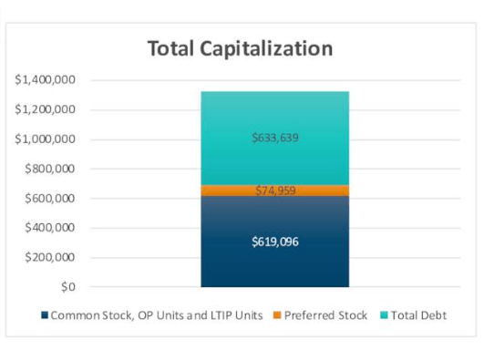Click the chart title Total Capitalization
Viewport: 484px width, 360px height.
242,48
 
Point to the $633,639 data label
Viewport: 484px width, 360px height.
274,139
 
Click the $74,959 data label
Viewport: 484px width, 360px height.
274,190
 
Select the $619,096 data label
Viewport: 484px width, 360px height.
274,242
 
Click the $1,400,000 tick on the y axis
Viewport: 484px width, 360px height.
46,80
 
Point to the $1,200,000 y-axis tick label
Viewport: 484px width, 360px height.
46,110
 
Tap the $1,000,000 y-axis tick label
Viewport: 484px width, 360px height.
46,139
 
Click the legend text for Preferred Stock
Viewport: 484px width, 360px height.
325,315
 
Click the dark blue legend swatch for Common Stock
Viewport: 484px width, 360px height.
45,315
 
